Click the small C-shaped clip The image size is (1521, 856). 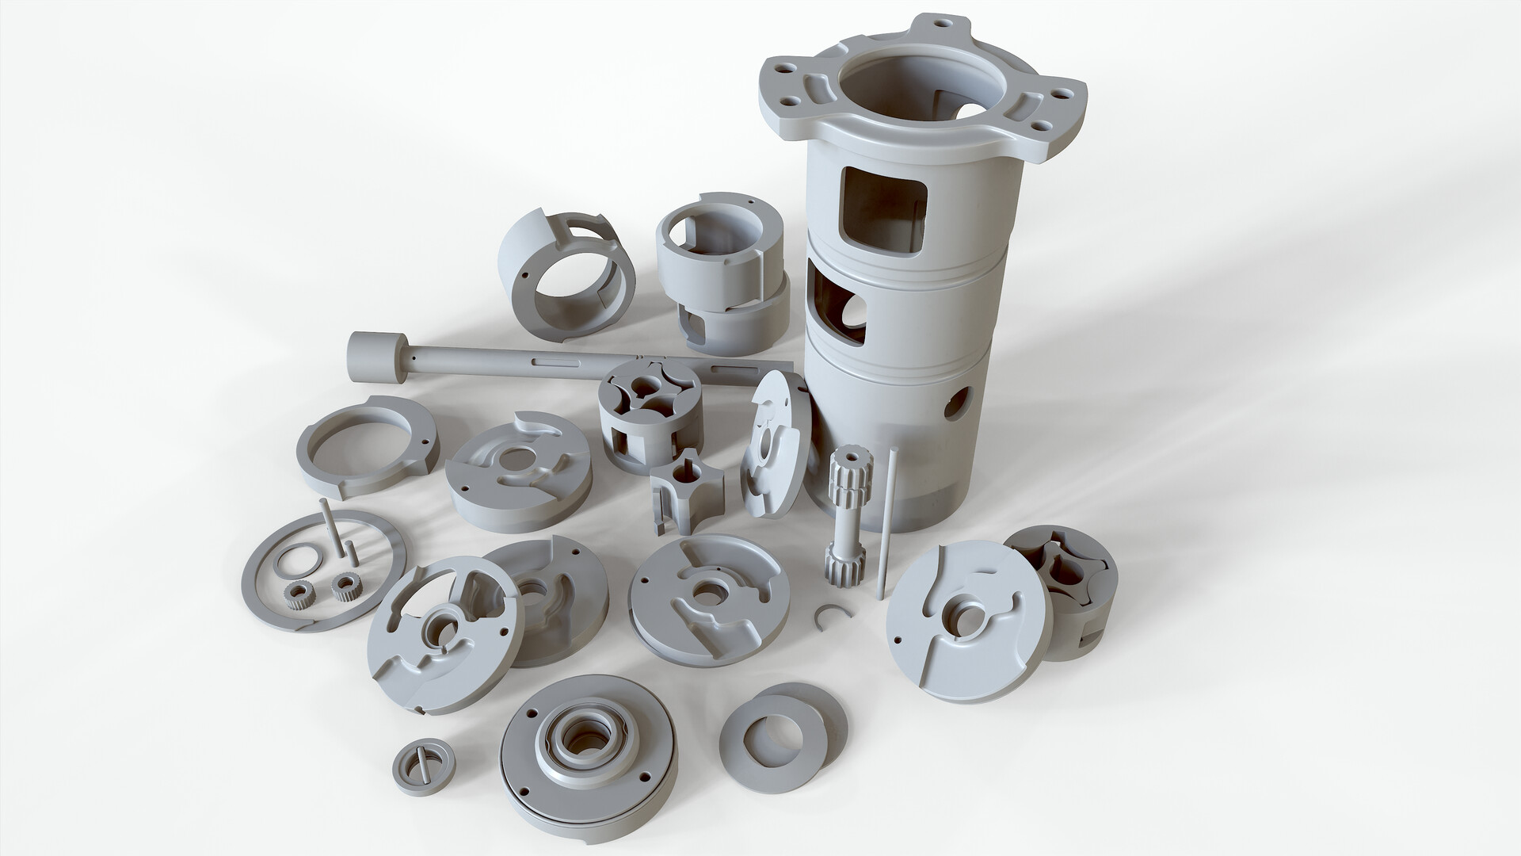[829, 614]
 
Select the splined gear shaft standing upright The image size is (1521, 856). [844, 523]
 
